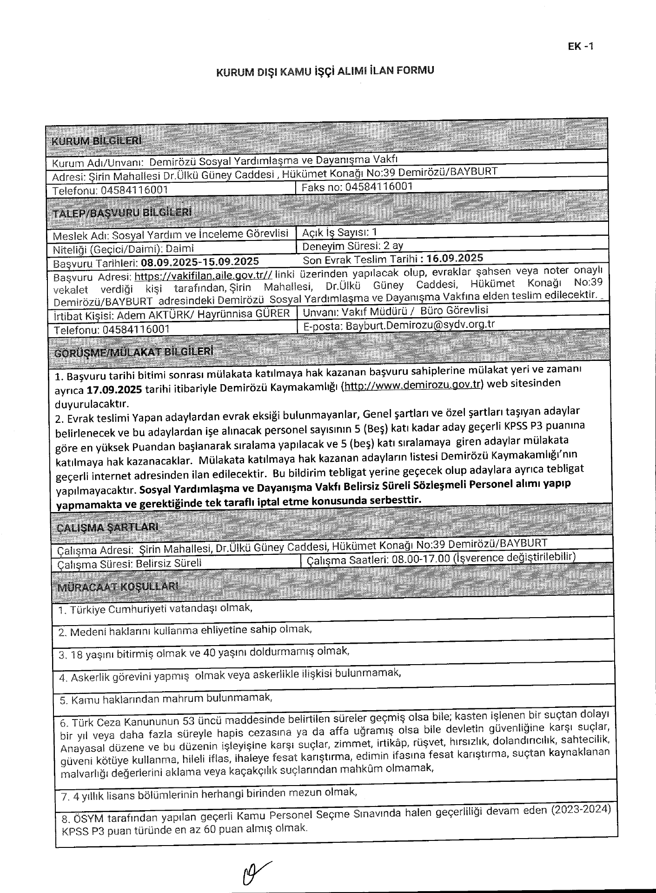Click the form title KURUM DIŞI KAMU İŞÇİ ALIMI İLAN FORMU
tap(325, 72)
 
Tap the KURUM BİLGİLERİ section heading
tap(97, 140)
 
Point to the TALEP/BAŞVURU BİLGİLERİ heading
tap(122, 213)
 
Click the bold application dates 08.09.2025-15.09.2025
tap(200, 262)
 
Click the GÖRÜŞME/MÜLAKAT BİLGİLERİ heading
tap(134, 352)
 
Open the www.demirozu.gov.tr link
tap(412, 385)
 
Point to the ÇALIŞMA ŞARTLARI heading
tap(107, 527)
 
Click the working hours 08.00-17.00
tap(421, 559)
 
